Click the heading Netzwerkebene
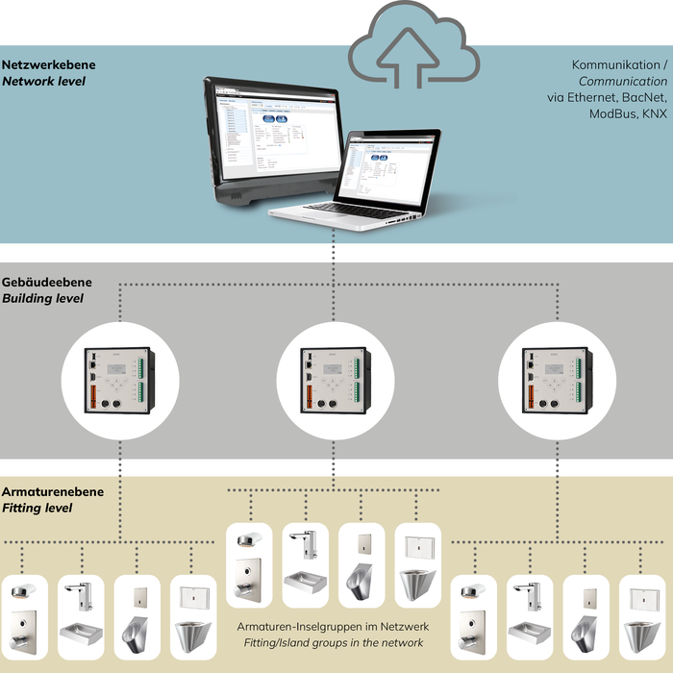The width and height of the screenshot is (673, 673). point(49,65)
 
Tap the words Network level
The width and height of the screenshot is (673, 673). point(44,82)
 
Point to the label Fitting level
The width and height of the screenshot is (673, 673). point(37,508)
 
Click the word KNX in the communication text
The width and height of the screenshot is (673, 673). point(654,114)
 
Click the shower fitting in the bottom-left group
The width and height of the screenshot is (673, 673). point(21,615)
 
